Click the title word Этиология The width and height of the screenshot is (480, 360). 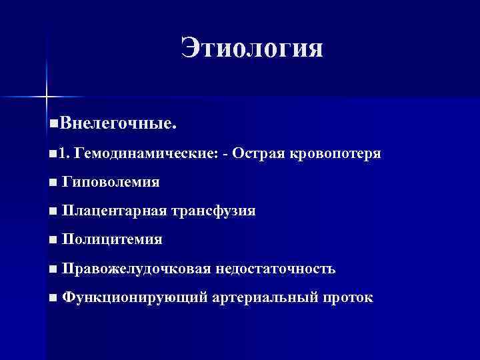(x=251, y=49)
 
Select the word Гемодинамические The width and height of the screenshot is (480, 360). (x=147, y=153)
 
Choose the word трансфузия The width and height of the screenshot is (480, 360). (x=213, y=211)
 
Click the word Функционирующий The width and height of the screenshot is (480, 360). (x=135, y=297)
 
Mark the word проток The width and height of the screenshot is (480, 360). (x=347, y=297)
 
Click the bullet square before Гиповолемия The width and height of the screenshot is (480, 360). (x=53, y=182)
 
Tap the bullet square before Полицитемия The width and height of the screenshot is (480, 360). (x=53, y=239)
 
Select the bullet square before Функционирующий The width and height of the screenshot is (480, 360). (x=53, y=297)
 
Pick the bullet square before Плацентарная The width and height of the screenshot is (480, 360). (x=53, y=211)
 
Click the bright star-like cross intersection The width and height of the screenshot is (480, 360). (x=46, y=97)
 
